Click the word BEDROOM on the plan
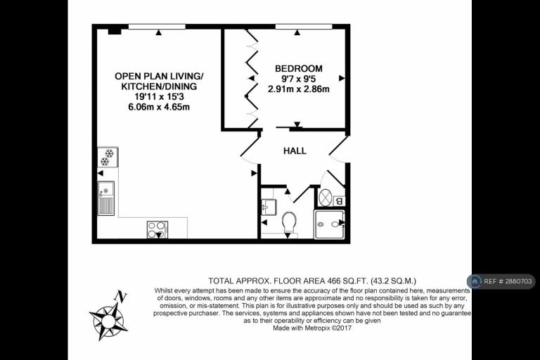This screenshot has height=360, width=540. click(299, 69)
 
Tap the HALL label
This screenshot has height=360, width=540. click(295, 151)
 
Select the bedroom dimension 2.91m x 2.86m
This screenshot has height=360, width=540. click(299, 89)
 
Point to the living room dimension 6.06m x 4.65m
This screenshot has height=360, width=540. click(159, 107)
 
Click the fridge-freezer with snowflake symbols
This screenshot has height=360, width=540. click(108, 157)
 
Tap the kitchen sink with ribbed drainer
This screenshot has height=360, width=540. click(106, 198)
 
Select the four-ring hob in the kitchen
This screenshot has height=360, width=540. click(157, 229)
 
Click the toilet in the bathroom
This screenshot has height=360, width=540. click(289, 223)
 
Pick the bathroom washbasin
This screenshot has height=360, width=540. click(268, 207)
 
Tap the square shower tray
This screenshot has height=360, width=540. click(329, 224)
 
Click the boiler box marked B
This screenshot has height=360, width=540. click(339, 201)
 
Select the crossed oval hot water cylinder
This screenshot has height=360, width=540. click(326, 198)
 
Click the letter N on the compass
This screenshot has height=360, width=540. click(121, 296)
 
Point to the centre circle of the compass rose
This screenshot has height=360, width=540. click(108, 321)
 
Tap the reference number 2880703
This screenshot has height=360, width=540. click(518, 281)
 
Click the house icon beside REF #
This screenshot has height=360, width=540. click(475, 281)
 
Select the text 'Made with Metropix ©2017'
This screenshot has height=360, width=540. click(312, 328)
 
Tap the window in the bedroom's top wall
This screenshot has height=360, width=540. click(304, 27)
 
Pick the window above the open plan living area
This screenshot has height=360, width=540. click(157, 27)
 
